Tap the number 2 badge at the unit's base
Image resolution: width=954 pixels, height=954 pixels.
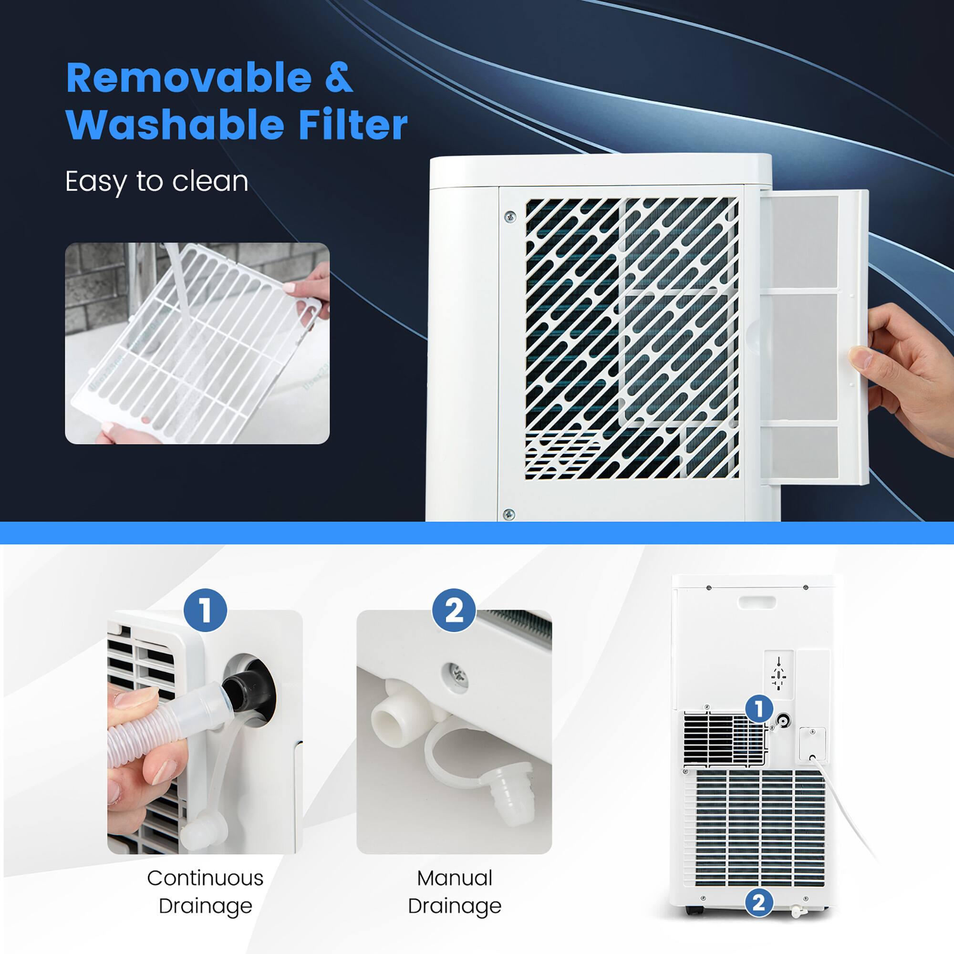[759, 902]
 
